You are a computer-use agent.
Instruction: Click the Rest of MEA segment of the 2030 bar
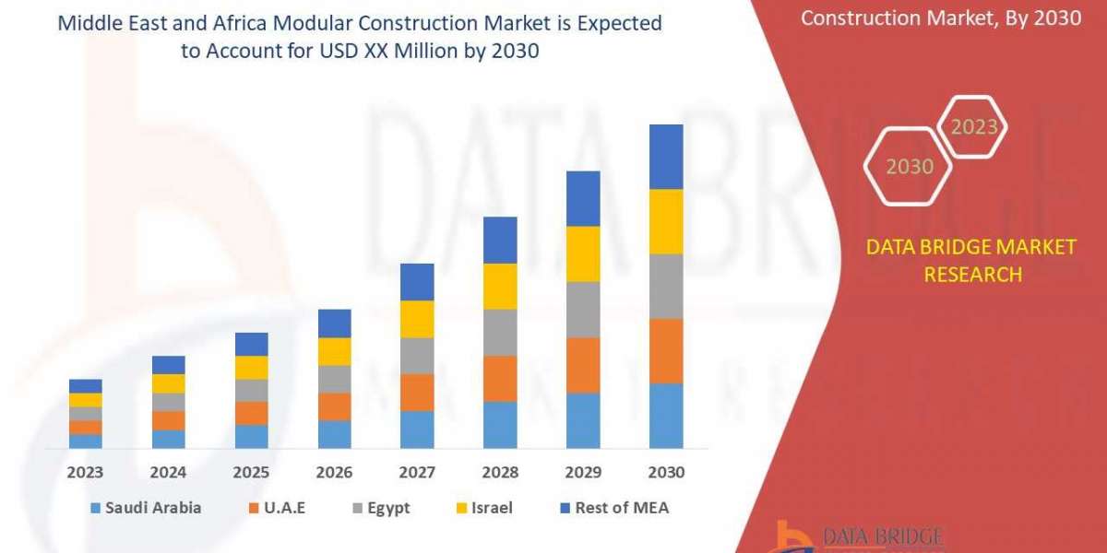666,157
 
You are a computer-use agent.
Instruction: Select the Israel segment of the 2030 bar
666,221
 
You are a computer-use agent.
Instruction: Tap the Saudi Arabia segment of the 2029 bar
583,420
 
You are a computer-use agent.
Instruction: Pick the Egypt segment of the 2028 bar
500,332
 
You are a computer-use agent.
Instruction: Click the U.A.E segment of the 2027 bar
417,392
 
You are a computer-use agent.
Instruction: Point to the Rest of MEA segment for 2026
335,323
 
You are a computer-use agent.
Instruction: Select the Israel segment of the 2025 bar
252,367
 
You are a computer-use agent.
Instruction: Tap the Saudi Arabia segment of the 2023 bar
86,441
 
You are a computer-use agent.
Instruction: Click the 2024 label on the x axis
169,472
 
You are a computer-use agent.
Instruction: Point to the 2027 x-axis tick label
417,472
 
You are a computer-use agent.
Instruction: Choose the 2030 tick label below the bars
666,472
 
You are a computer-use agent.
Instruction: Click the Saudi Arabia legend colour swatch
95,508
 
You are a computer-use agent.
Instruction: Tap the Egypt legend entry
379,508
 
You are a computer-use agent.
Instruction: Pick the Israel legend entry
486,508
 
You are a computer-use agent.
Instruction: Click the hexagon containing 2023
973,126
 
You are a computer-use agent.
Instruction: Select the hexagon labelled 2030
909,167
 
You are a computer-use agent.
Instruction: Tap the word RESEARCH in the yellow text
972,274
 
